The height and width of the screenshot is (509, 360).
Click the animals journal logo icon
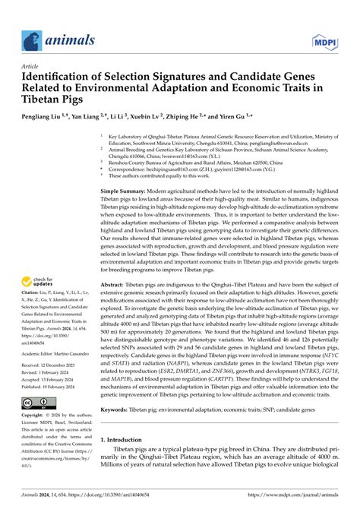[x=30, y=40]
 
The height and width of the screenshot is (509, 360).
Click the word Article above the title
[x=30, y=66]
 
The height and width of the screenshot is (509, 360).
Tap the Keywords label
[x=122, y=409]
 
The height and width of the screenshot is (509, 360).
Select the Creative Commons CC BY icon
[x=35, y=401]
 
